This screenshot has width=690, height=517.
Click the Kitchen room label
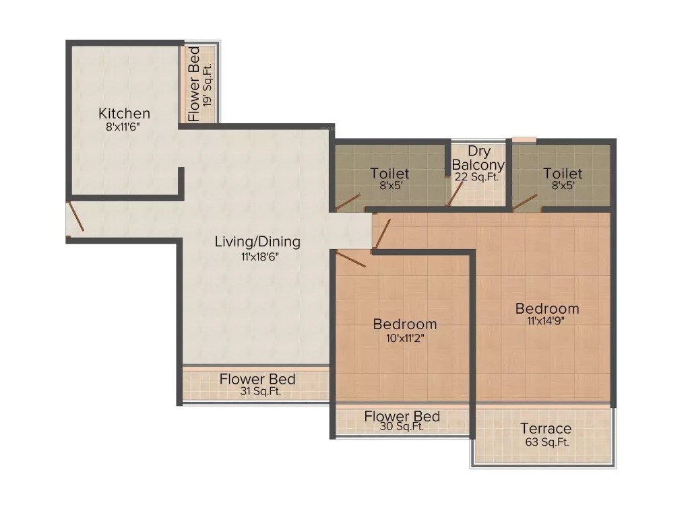(x=124, y=113)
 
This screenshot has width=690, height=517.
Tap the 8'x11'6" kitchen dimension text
(x=124, y=127)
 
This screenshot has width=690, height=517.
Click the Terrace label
(x=546, y=429)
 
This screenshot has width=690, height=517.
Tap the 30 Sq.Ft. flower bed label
(x=402, y=427)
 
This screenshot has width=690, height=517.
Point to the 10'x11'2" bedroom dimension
(x=405, y=338)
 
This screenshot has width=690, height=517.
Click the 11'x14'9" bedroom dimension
(x=547, y=321)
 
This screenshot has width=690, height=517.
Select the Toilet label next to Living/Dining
(x=389, y=174)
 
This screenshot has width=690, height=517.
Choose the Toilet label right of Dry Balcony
(x=563, y=174)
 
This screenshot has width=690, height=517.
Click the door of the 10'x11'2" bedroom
(x=350, y=259)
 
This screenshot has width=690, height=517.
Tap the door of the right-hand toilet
(x=526, y=201)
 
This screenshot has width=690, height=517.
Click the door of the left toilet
(x=348, y=202)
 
